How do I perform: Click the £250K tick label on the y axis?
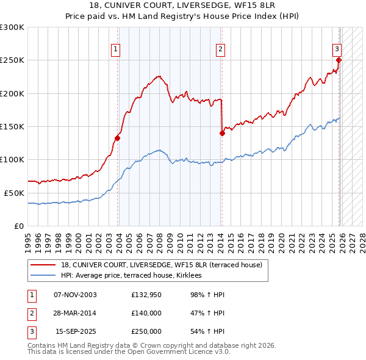[x=12, y=60]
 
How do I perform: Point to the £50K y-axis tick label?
[x=14, y=193]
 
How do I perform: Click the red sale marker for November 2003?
[x=117, y=138]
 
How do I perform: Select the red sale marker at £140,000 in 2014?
[x=222, y=133]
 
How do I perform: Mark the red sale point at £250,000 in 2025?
[x=339, y=60]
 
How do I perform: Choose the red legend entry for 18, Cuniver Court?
[x=161, y=265]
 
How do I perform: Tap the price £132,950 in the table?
[x=146, y=294]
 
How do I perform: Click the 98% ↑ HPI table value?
[x=207, y=294]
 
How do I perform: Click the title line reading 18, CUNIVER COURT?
[x=183, y=6]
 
